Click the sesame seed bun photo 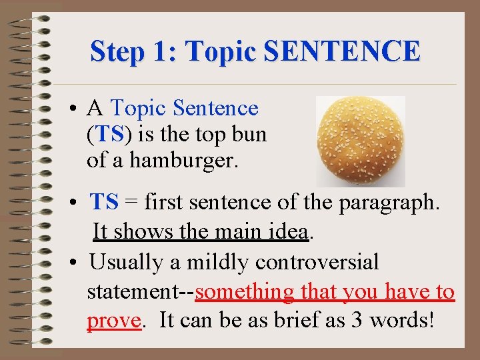click(360, 141)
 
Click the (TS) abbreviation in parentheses click(110, 134)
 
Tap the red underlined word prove click(113, 321)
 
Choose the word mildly click(217, 262)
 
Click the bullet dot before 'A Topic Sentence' click(78, 109)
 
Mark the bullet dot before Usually click(79, 263)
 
